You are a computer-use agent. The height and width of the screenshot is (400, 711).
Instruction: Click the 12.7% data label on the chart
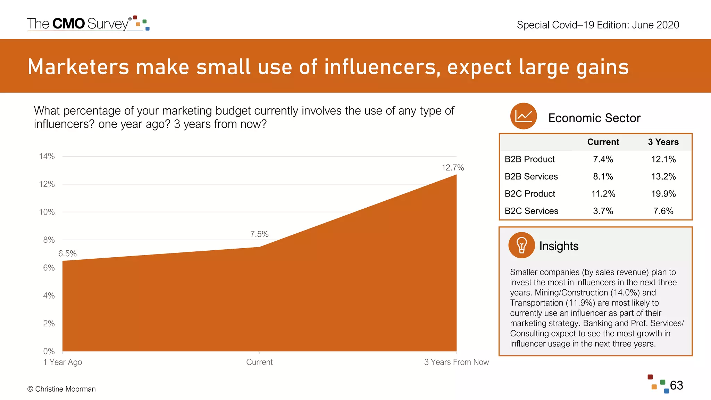click(x=452, y=168)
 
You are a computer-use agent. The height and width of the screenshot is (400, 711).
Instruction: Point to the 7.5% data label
click(x=259, y=234)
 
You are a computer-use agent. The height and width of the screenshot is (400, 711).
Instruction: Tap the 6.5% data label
click(x=67, y=254)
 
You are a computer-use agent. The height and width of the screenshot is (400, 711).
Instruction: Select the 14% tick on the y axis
click(x=47, y=156)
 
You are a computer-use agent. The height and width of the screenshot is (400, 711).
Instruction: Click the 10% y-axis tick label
click(x=47, y=212)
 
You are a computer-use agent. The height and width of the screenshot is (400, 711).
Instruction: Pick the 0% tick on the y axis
click(x=49, y=351)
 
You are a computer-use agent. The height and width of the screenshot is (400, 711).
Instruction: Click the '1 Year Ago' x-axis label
click(x=62, y=362)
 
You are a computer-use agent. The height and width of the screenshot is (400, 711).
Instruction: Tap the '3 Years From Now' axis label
click(x=456, y=362)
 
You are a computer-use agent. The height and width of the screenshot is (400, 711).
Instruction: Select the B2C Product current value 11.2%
click(x=603, y=194)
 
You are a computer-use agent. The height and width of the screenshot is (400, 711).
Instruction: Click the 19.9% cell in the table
click(x=663, y=194)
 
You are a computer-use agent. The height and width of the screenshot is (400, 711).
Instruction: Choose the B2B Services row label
click(x=531, y=176)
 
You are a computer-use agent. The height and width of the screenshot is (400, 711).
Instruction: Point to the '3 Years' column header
click(x=663, y=142)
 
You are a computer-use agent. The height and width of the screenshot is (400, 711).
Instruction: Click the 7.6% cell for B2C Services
click(x=663, y=211)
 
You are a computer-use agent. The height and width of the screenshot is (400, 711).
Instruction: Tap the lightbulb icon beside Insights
click(x=521, y=245)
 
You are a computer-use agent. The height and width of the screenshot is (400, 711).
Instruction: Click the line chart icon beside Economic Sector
click(x=524, y=116)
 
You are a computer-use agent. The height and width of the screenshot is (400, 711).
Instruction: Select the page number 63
click(x=676, y=385)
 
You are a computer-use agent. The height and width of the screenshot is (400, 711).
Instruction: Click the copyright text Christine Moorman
click(x=61, y=389)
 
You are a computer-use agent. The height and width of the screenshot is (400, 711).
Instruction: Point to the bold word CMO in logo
click(x=68, y=24)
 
